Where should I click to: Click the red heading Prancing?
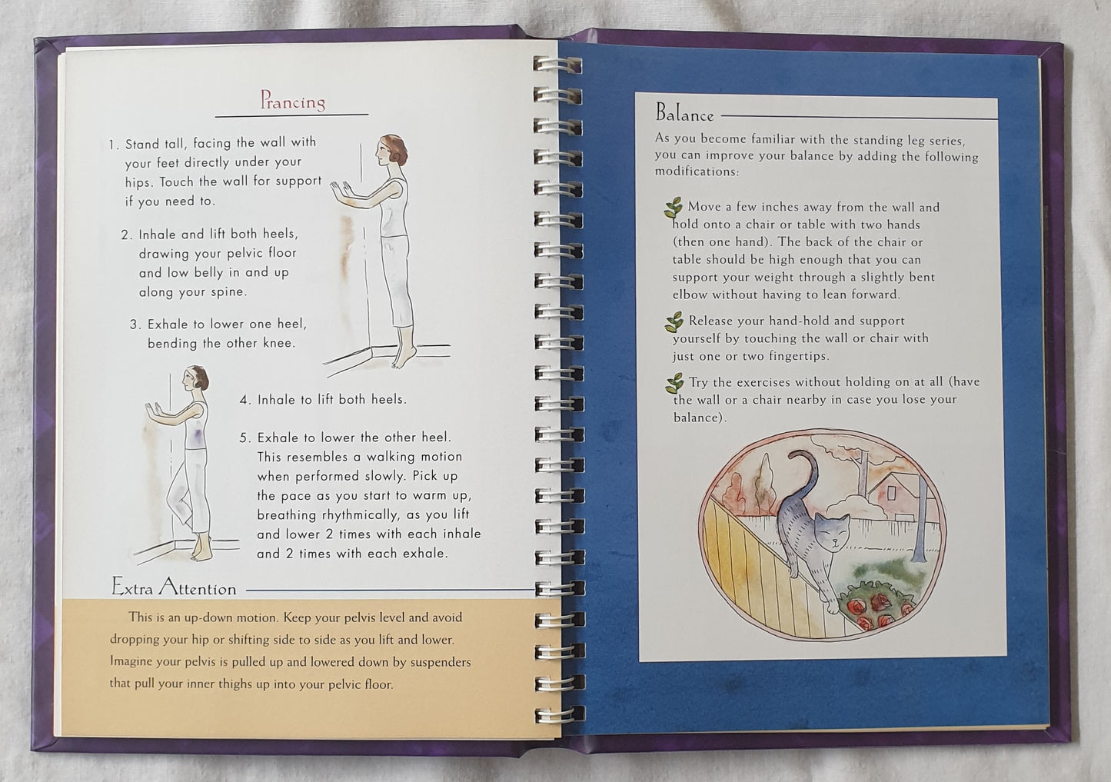293,101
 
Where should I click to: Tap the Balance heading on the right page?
684,113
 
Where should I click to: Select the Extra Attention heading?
174,587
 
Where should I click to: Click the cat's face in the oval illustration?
832,531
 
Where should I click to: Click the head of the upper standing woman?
391,151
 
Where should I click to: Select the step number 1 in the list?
113,145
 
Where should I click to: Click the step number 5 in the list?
244,438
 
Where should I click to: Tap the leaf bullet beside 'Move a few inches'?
673,208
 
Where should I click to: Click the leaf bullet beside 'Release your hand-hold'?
674,322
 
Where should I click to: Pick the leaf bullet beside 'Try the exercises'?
674,384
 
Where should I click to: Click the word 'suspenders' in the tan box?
437,662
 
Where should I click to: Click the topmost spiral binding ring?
557,65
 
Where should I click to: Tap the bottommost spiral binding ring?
560,714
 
